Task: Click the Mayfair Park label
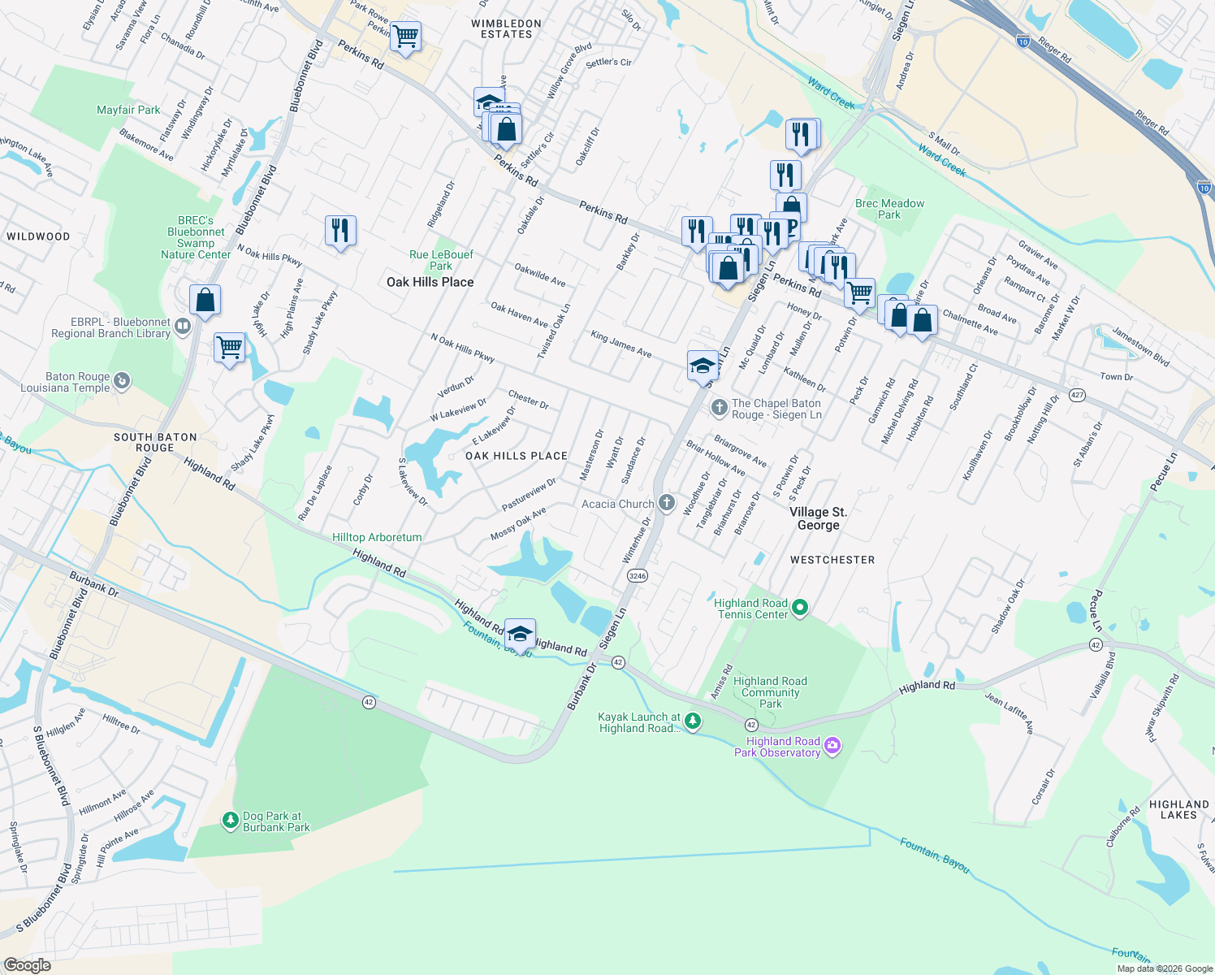coord(128,110)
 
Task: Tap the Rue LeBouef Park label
coord(441,260)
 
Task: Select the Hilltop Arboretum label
coord(377,538)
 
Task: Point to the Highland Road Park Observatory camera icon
coord(832,746)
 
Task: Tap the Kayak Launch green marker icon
coord(692,721)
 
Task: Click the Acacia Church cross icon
coord(666,503)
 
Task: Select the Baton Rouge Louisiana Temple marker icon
coord(122,380)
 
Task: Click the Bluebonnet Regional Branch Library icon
coord(183,327)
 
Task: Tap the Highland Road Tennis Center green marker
coord(799,608)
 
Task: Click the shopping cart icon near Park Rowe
coord(405,37)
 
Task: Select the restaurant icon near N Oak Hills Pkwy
coord(340,231)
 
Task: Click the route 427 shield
coord(1077,396)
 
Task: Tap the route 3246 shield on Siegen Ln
coord(637,576)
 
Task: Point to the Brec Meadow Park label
coord(889,209)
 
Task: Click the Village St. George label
coord(818,518)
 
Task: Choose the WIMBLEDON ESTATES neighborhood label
coord(506,29)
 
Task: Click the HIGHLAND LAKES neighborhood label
coord(1178,809)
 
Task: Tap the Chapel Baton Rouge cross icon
coord(718,408)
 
